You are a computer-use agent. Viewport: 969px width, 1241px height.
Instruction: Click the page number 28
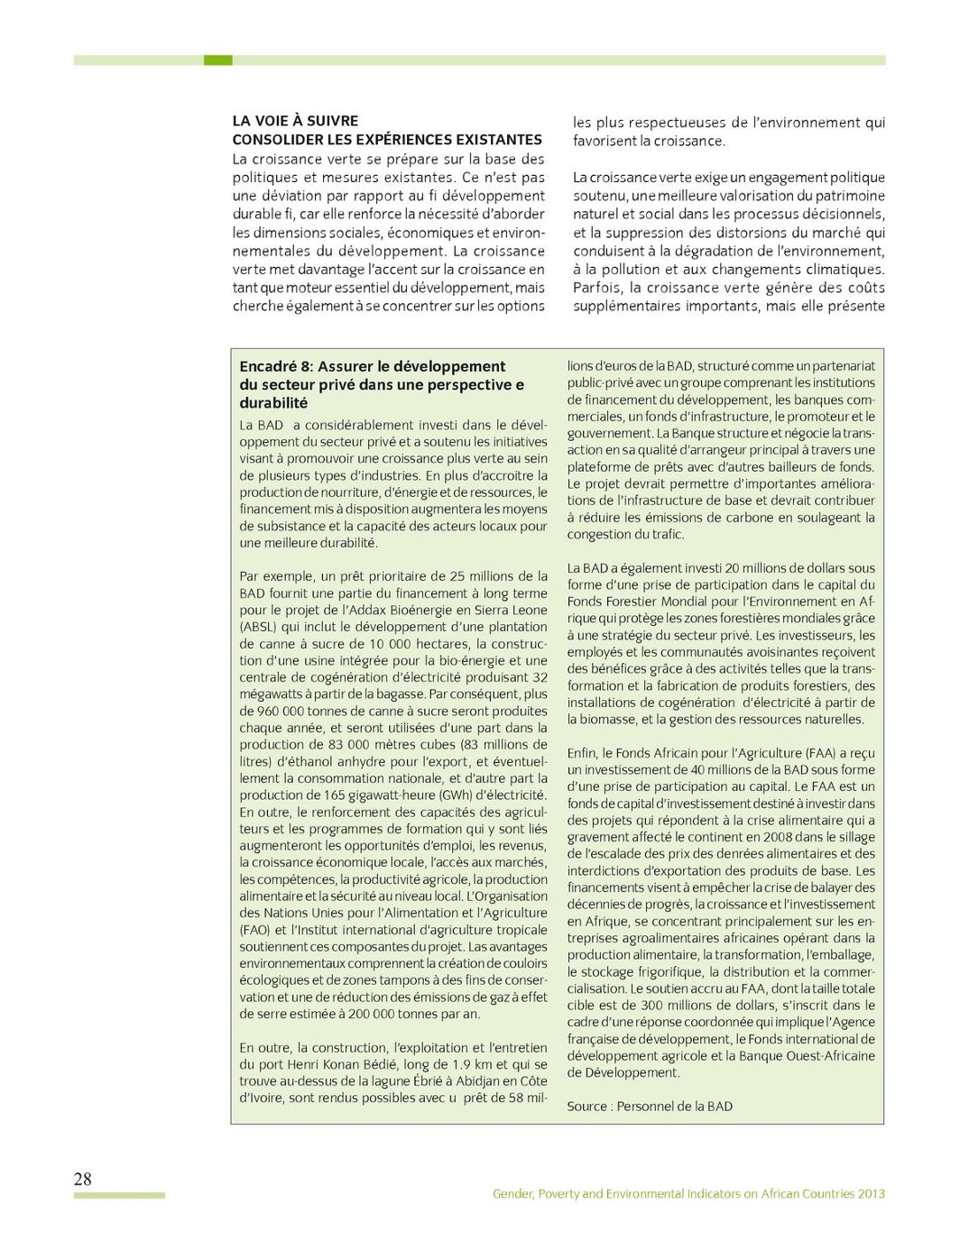[x=82, y=1179]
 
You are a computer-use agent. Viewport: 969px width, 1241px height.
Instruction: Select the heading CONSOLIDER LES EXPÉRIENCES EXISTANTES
[x=387, y=140]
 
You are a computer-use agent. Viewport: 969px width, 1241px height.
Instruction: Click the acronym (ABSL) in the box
[x=258, y=627]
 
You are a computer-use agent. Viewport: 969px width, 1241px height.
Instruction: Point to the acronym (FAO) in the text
[x=254, y=930]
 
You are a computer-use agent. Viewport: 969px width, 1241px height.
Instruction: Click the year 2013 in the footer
[x=871, y=1193]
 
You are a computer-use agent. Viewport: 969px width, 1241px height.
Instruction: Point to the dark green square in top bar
[x=217, y=60]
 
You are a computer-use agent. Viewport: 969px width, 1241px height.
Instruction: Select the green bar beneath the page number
[x=119, y=1195]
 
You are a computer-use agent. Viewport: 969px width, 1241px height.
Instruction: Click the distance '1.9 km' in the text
[x=474, y=1064]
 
